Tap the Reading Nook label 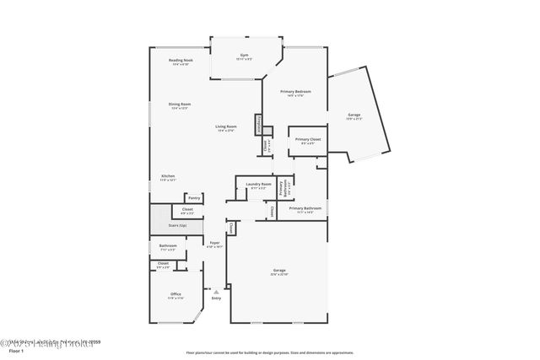tap(181, 61)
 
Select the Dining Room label tap(179, 105)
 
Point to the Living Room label tap(226, 126)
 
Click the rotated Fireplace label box tap(259, 124)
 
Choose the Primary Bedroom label tap(295, 92)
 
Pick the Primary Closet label tap(305, 139)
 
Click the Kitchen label tap(168, 177)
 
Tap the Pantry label tap(193, 198)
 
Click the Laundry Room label tap(258, 185)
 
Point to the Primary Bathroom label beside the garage tap(305, 209)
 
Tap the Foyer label tap(215, 244)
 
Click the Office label tap(175, 294)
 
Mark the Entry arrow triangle tap(216, 291)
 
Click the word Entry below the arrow tap(216, 298)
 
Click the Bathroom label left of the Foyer tap(167, 247)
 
